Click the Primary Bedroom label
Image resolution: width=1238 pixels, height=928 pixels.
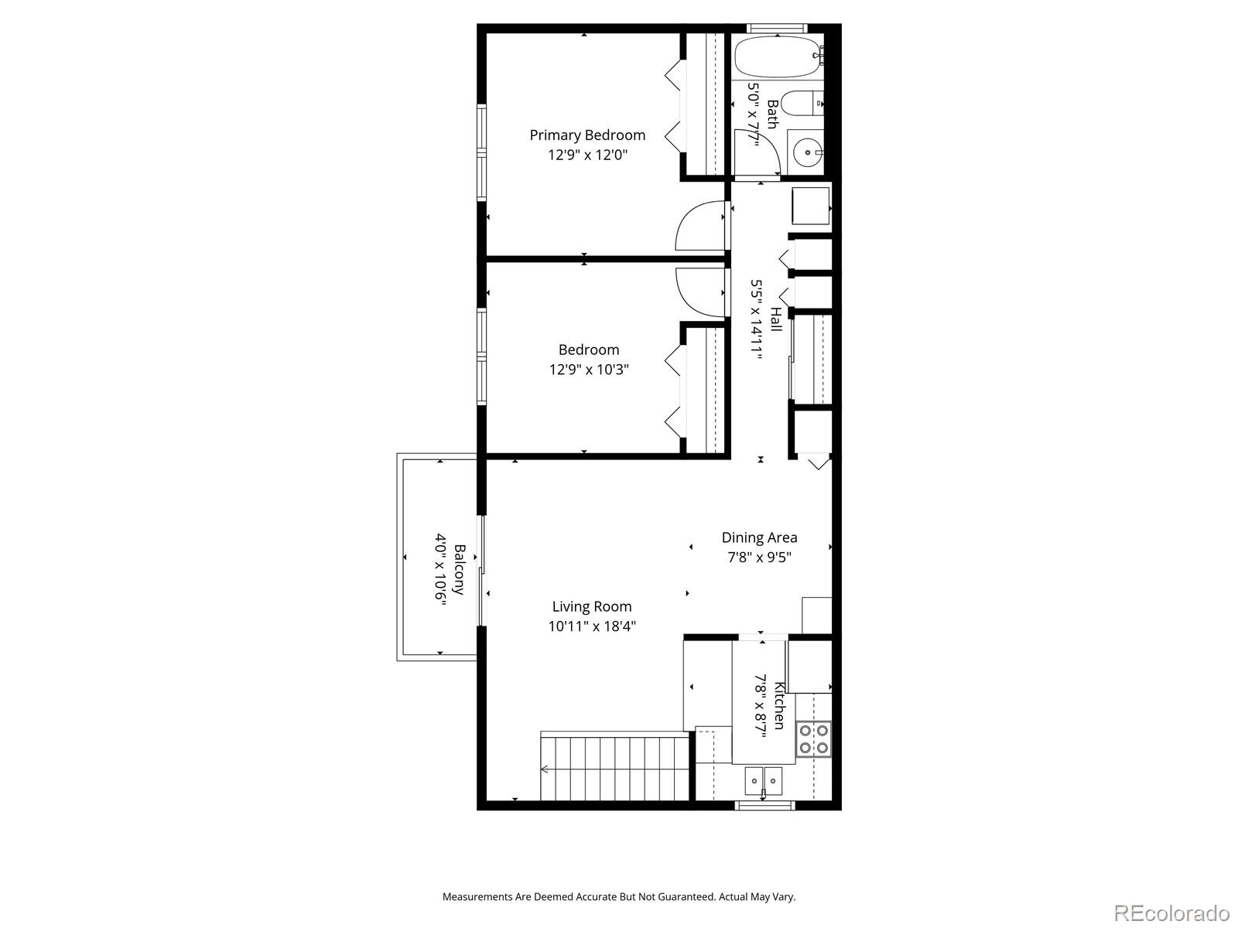(587, 135)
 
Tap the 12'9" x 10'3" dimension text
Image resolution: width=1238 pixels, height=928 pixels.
(588, 370)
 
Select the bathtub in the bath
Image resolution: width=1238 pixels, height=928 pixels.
(775, 56)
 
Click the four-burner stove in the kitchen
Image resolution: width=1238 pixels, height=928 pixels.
(814, 739)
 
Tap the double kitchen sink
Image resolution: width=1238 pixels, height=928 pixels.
(764, 780)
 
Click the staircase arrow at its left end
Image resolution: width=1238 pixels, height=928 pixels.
(544, 769)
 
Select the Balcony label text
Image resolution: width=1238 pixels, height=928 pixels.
(459, 570)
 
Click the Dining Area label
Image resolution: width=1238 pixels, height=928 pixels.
(759, 537)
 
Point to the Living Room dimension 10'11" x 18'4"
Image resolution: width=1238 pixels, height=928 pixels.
(592, 626)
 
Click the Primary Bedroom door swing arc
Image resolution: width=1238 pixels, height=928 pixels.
(699, 226)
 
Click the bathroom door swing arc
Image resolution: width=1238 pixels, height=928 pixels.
(754, 151)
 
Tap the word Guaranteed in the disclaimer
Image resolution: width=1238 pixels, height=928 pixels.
(689, 897)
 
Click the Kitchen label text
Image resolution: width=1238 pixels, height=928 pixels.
(779, 705)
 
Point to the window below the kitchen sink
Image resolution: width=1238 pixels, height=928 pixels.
(764, 806)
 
